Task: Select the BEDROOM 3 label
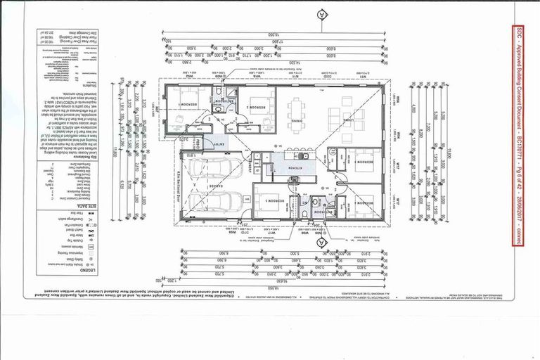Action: point(265,198)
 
